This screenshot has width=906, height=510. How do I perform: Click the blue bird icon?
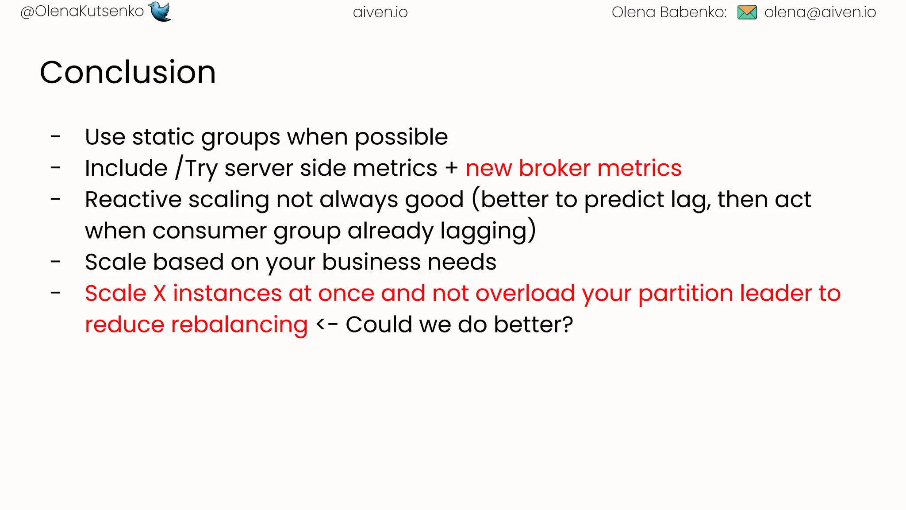[160, 12]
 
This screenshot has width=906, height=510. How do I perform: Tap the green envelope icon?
[747, 12]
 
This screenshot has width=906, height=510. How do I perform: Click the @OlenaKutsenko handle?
[82, 12]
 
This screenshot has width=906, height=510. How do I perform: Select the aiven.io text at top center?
[380, 12]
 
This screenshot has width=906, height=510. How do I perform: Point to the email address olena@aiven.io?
[820, 12]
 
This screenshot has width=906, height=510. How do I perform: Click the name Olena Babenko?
[668, 12]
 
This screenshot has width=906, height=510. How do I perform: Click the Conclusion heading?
[128, 72]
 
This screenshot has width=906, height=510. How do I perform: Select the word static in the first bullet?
[163, 137]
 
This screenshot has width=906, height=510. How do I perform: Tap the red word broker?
[554, 168]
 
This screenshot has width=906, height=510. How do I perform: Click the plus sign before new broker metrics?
[452, 169]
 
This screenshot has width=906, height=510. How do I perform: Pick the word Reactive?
[133, 200]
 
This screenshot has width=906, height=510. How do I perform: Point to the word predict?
[624, 200]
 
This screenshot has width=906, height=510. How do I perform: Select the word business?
[371, 262]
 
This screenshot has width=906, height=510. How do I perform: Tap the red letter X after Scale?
[160, 294]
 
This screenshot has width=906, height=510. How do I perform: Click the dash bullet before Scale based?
[55, 262]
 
